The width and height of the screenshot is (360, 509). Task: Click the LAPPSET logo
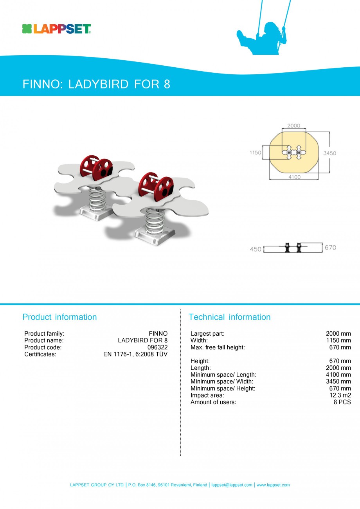[57, 29]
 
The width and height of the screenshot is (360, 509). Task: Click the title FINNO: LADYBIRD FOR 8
[96, 84]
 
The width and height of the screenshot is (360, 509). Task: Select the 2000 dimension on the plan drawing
[293, 126]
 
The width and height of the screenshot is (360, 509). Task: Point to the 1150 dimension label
[255, 153]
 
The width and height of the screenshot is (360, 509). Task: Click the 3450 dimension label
[329, 153]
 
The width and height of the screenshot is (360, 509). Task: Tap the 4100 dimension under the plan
[294, 177]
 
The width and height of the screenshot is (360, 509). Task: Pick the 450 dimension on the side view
[256, 249]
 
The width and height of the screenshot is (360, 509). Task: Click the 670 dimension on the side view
[330, 248]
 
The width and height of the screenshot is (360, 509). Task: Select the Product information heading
[59, 317]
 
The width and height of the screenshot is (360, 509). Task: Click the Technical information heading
[229, 317]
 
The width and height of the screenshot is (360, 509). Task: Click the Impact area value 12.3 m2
[340, 395]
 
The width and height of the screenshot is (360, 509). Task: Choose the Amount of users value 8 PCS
[342, 402]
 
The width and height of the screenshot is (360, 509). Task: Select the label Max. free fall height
[218, 347]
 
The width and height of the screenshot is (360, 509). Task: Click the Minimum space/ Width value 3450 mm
[338, 381]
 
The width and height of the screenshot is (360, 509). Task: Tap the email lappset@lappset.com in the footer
[232, 485]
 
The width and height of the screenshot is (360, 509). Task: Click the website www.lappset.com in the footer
[273, 485]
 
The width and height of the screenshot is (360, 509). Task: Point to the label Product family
[44, 334]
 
